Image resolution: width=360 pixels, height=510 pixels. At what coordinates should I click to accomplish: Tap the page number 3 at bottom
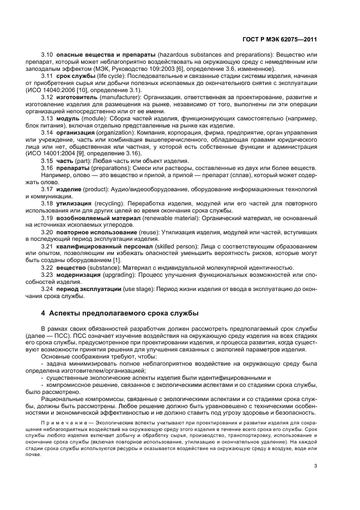click(315, 466)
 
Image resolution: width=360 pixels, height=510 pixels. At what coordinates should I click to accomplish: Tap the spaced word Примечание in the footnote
click(61, 422)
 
